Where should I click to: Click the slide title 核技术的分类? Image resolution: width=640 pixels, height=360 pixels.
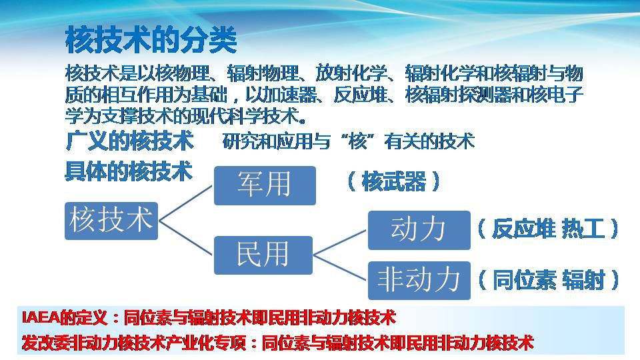click(x=151, y=40)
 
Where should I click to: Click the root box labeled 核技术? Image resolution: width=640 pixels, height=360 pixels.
click(x=111, y=221)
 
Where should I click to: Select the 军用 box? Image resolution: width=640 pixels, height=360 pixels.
click(x=265, y=185)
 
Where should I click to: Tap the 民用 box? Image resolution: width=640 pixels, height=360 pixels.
click(x=263, y=255)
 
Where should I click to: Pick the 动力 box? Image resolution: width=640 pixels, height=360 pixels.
click(x=419, y=230)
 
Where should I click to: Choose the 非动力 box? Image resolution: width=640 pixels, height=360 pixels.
click(x=419, y=281)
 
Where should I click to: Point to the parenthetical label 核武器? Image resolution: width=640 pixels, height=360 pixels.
click(x=393, y=181)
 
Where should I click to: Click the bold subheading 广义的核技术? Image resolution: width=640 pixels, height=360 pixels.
click(x=129, y=141)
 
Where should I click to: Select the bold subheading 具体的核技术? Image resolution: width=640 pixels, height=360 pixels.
click(x=129, y=171)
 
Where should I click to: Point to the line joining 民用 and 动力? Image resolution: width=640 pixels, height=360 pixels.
click(x=341, y=243)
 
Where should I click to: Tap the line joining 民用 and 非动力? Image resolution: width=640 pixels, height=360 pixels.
click(x=341, y=268)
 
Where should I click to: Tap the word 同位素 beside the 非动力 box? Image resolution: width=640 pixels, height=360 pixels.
click(x=524, y=280)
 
